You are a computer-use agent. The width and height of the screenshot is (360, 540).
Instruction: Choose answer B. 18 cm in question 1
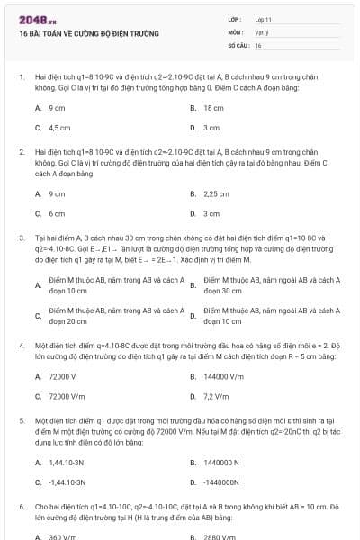point(212,107)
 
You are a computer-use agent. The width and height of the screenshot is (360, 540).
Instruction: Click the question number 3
point(21,238)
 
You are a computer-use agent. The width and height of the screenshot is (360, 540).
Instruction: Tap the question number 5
point(21,420)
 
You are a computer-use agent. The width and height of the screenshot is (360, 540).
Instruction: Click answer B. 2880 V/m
point(217,536)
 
